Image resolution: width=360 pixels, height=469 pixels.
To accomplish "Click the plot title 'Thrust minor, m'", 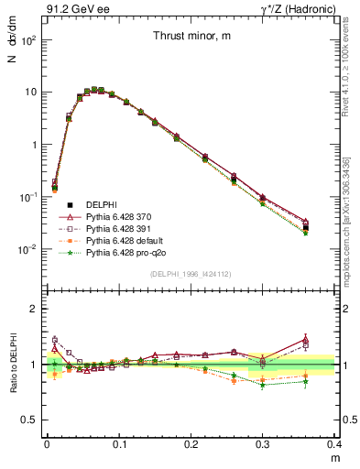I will coord(191,36).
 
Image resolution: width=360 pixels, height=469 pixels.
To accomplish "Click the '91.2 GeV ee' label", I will coord(73,10).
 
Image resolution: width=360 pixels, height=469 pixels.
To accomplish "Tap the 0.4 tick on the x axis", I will coord(336,443).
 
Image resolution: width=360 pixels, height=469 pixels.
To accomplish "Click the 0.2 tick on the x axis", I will coord(191,443).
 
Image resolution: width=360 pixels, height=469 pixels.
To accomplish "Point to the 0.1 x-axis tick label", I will coord(119,443).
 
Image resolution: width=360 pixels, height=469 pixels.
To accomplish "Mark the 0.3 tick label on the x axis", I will coord(264,443).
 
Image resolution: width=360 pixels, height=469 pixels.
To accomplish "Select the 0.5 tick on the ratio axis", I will coord(32,420).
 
